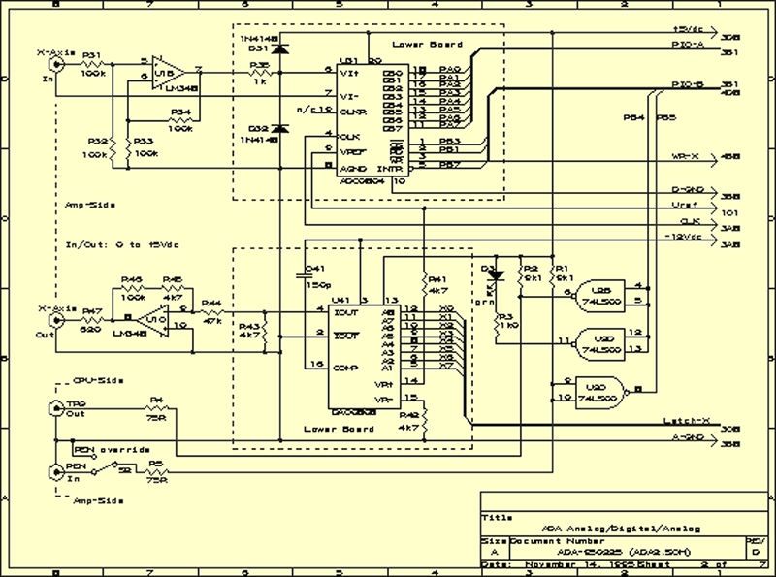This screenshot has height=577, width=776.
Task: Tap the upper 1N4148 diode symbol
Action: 280,49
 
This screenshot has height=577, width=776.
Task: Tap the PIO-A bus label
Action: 690,45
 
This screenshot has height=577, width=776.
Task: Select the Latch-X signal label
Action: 687,421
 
